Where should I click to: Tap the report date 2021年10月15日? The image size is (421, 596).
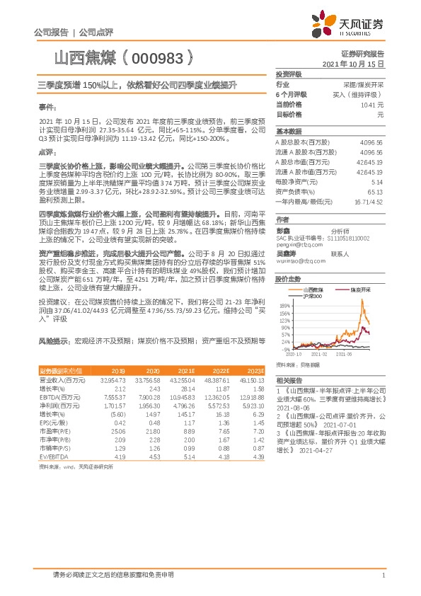[x=357, y=64]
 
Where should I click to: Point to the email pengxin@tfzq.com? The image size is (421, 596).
[x=296, y=244]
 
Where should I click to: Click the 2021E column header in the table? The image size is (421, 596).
[x=187, y=370]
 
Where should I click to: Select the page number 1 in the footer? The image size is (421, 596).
[x=382, y=575]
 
